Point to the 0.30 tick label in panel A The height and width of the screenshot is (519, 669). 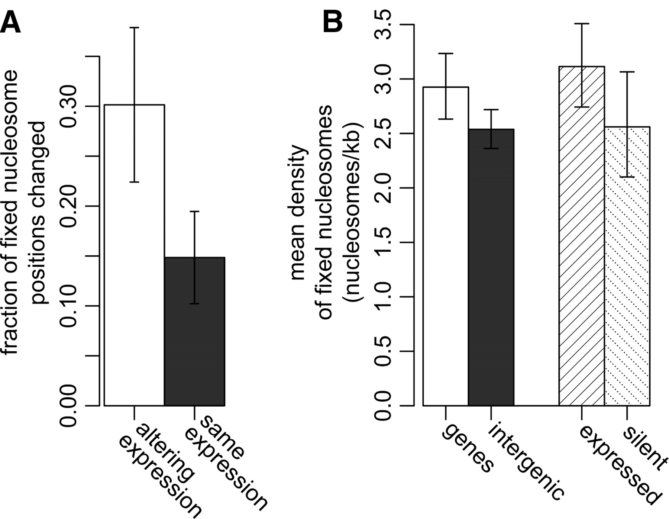68,106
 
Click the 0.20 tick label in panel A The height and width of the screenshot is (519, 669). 68,206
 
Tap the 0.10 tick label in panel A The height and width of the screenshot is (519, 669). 68,306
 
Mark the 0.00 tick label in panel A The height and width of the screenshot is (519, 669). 68,406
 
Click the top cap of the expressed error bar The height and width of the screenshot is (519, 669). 582,24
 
